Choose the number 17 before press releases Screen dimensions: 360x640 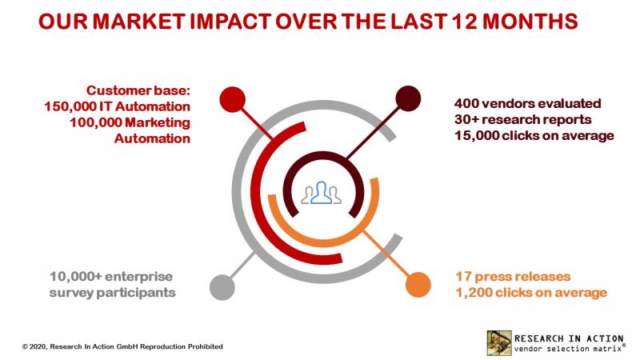tap(462, 277)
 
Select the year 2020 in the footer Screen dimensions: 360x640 tap(38, 346)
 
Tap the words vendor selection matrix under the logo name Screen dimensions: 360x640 tap(570, 346)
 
